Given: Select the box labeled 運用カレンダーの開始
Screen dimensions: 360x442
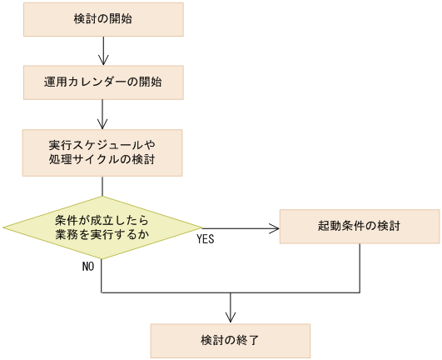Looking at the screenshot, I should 102,82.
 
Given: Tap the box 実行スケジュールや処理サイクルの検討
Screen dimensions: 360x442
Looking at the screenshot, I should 102,152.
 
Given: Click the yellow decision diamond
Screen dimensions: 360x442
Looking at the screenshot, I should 102,227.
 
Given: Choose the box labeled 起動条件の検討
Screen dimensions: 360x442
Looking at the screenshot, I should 359,227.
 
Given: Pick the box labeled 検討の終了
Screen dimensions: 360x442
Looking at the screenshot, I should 230,340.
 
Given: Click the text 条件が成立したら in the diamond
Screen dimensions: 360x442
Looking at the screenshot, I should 102,219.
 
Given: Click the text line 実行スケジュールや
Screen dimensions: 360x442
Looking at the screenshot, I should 102,144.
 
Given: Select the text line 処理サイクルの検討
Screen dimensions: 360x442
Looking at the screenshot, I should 102,159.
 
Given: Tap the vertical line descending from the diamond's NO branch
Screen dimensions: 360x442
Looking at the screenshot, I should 102,275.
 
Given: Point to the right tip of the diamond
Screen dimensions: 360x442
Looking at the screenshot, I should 201,227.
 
